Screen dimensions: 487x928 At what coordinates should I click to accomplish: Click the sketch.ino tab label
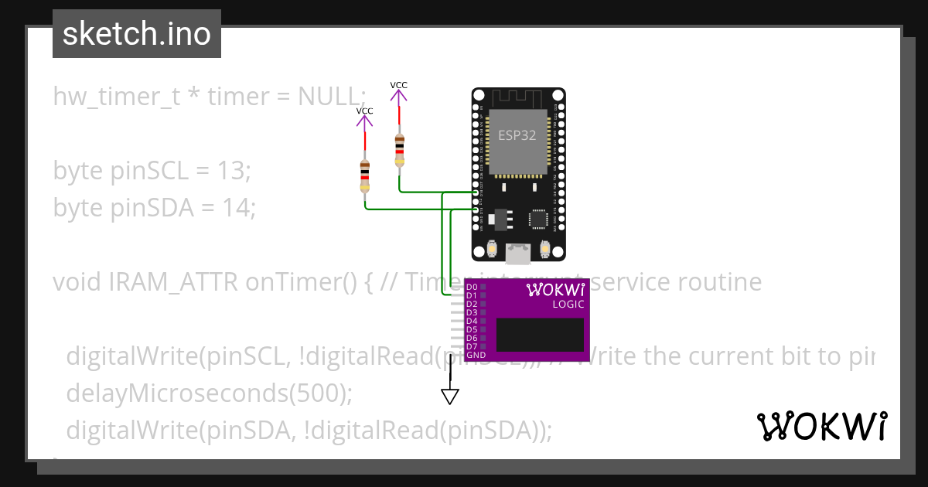137,34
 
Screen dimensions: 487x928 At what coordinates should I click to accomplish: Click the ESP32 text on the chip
517,134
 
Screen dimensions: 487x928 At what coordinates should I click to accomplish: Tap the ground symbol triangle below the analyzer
449,397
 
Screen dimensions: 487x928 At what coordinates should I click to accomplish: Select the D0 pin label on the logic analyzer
471,287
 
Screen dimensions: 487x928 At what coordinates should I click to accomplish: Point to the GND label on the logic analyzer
476,355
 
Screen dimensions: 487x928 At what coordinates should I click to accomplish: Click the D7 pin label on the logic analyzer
471,346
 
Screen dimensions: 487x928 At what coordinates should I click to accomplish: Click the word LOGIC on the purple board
568,304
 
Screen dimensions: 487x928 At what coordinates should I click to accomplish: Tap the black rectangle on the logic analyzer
540,335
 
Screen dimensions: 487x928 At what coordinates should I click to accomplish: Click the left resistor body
365,176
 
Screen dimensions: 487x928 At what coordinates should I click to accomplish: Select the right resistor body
399,150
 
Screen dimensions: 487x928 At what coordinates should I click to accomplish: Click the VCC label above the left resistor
364,111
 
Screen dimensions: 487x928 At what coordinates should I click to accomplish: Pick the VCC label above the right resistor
398,85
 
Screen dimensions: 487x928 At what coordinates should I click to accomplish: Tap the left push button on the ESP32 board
492,249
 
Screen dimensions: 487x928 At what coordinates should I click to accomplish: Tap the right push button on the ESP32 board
545,249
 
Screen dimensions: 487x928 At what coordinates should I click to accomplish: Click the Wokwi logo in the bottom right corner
821,426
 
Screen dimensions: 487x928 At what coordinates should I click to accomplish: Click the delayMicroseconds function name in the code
170,393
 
